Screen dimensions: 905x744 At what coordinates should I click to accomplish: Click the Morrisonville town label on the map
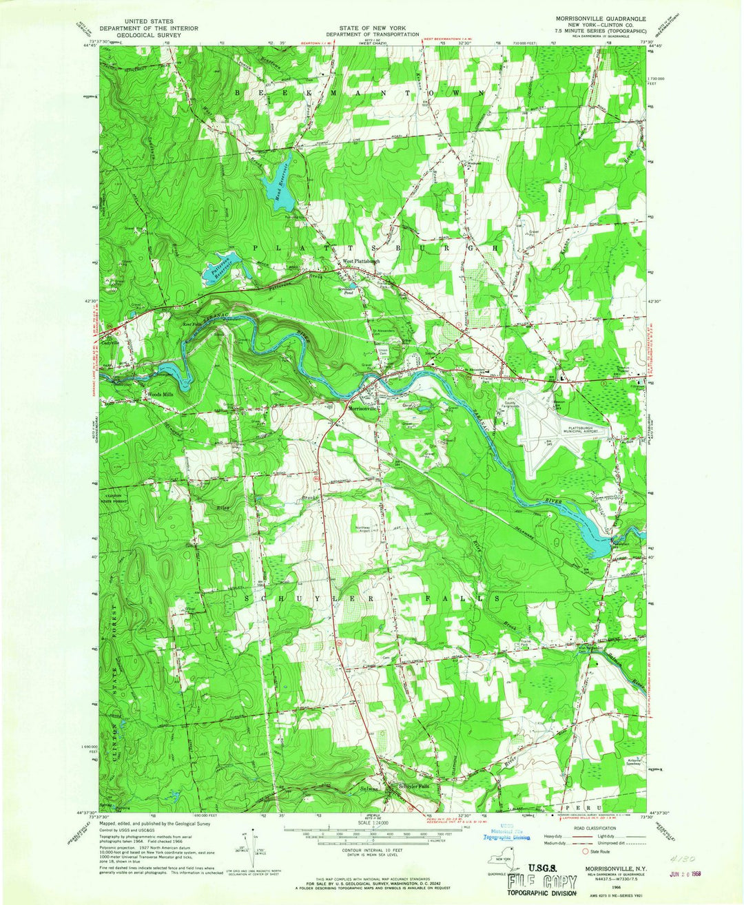coord(364,408)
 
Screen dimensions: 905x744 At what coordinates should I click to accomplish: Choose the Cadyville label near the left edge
coord(111,342)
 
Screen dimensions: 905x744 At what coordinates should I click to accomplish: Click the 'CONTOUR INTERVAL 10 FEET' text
coord(372,851)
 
